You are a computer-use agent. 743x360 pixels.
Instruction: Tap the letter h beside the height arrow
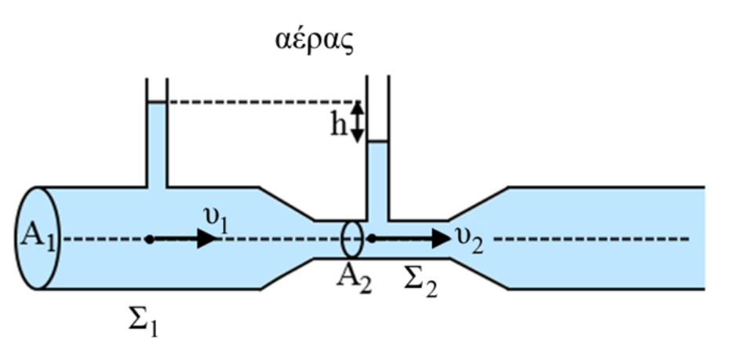(338, 124)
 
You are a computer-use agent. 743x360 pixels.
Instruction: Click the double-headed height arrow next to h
(357, 122)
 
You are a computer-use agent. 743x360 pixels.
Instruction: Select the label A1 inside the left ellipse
(35, 237)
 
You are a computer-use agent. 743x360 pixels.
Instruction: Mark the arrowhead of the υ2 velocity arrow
(439, 238)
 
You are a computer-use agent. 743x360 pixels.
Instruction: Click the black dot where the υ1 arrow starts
(149, 238)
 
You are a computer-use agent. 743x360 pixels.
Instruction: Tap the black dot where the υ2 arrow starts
(371, 238)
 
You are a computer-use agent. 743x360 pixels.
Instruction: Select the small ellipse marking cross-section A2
(352, 238)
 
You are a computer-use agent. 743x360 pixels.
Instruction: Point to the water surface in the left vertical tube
(156, 103)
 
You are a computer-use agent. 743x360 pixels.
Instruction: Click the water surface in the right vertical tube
(378, 142)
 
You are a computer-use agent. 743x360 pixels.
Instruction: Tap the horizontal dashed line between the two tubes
(259, 102)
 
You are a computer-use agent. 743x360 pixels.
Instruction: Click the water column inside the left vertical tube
(156, 145)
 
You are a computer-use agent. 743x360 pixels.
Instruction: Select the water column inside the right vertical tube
(378, 180)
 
